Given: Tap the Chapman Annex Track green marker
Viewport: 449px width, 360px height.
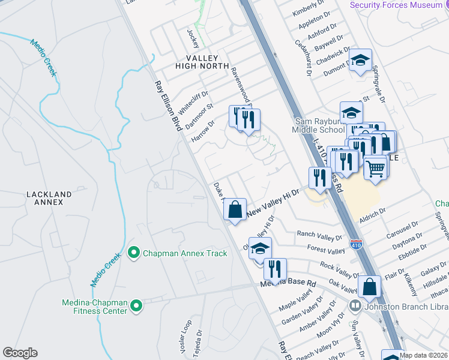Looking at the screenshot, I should click(134, 253).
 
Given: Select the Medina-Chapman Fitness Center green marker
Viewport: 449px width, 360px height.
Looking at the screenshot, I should click(137, 305).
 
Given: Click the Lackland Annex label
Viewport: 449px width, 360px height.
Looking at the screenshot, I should click(49, 199).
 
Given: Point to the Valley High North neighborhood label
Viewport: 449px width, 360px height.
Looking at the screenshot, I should click(202, 61).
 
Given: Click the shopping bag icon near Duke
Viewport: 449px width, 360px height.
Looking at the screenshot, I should click(235, 209).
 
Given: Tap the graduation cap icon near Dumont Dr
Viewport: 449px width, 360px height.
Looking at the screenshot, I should click(360, 60).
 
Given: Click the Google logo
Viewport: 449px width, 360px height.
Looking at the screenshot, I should click(20, 353).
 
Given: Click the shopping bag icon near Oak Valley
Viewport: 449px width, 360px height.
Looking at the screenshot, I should click(369, 287).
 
